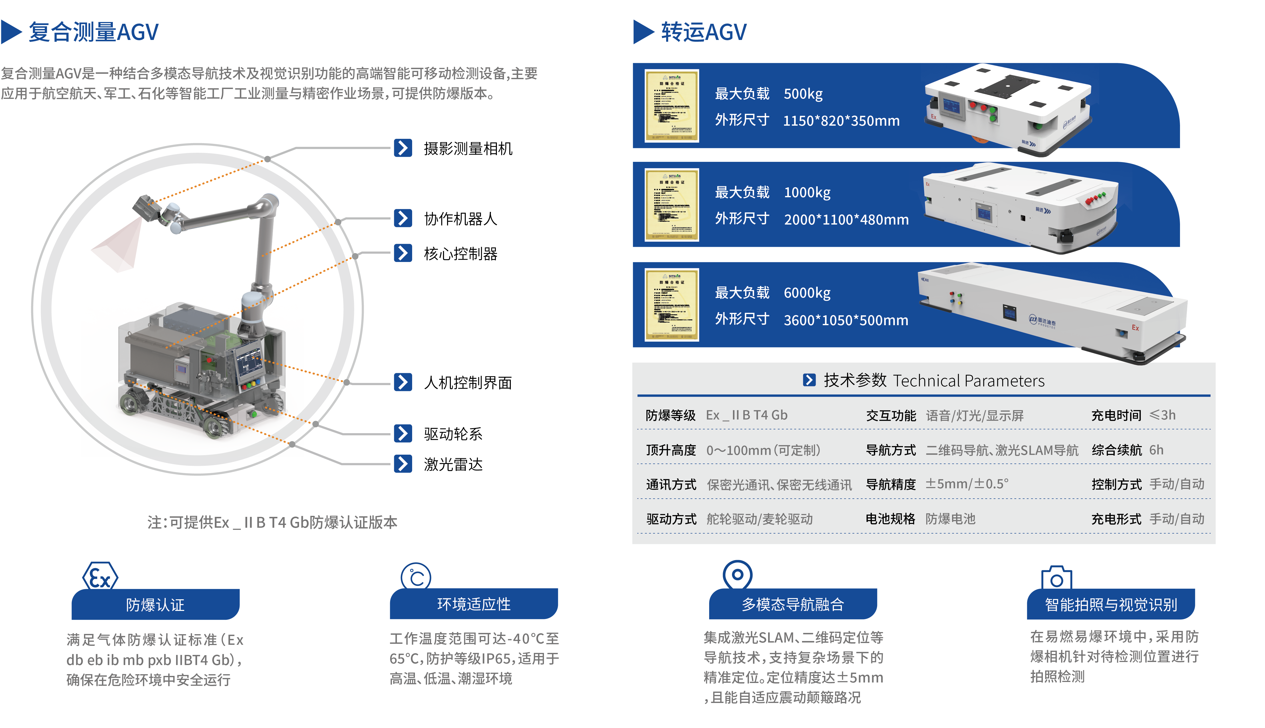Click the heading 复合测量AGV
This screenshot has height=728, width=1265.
[x=94, y=32]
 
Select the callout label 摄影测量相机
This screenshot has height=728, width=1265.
[x=468, y=148]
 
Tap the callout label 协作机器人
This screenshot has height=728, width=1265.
[x=460, y=218]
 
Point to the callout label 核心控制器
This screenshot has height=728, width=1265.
[x=460, y=254]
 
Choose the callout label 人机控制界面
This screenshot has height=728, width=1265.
[x=468, y=383]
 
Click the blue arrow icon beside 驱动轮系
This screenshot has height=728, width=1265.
[x=403, y=433]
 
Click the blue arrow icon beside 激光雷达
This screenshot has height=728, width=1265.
[x=403, y=464]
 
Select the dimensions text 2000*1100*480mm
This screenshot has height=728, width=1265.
[x=846, y=219]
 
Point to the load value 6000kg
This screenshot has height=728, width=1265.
[x=807, y=293]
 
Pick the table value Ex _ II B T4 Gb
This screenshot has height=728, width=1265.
[x=746, y=415]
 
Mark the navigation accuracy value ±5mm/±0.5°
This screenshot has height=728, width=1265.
[x=966, y=484]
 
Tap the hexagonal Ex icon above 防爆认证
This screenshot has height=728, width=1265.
[x=100, y=577]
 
